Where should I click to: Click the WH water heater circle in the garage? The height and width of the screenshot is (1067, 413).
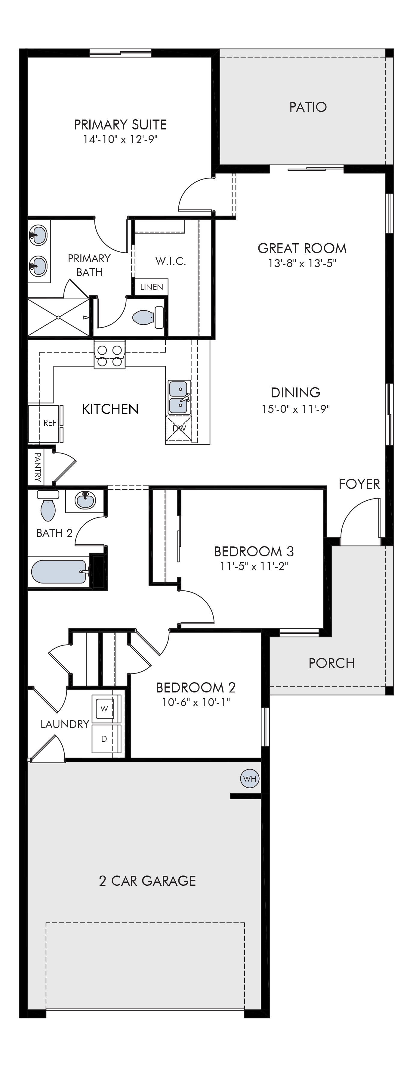(x=250, y=778)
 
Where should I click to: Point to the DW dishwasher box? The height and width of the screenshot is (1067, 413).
(x=179, y=429)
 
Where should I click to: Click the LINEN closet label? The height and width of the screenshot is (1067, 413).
(x=152, y=287)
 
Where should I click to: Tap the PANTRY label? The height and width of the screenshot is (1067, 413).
(x=37, y=467)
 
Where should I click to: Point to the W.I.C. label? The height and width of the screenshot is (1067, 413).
(x=171, y=261)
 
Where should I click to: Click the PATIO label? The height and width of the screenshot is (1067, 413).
(x=308, y=107)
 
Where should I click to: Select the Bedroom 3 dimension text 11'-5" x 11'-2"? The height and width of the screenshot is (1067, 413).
(x=254, y=566)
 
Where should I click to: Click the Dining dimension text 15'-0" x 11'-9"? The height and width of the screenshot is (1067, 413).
(x=295, y=409)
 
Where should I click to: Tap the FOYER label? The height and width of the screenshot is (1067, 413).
(x=359, y=484)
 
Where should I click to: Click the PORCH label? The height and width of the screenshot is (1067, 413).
(x=331, y=663)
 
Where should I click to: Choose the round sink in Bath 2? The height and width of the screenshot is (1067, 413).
(x=85, y=500)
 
